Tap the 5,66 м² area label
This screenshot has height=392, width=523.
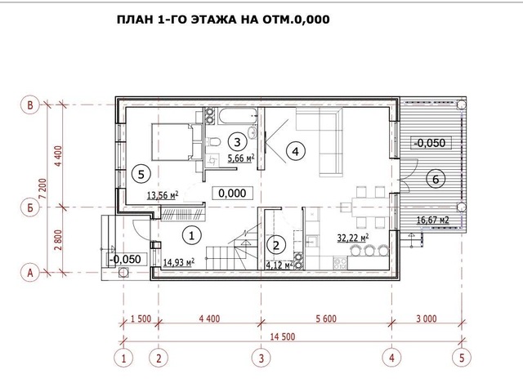[x=241, y=158]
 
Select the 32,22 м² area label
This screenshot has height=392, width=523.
[x=353, y=238]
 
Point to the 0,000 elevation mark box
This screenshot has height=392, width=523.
[x=232, y=193]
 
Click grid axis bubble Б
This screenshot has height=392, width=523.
[x=30, y=207]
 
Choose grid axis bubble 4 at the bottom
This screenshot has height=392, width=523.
[x=391, y=358]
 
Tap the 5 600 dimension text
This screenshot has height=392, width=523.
[x=326, y=318]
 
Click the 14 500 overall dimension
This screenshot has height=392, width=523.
[x=282, y=336]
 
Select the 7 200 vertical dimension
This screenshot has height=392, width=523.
[x=42, y=189]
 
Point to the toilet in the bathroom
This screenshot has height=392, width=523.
[x=213, y=142]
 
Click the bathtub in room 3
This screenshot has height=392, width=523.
[x=238, y=116]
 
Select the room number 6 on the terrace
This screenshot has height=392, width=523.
[x=436, y=180]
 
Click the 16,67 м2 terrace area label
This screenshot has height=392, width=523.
[x=432, y=220]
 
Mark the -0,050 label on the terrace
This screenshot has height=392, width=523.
[x=430, y=143]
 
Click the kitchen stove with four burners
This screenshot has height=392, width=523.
[x=340, y=263]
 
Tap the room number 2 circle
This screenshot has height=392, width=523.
[x=276, y=246]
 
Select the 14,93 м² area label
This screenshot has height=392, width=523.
[x=179, y=262]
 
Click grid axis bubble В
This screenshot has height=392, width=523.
[x=30, y=105]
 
